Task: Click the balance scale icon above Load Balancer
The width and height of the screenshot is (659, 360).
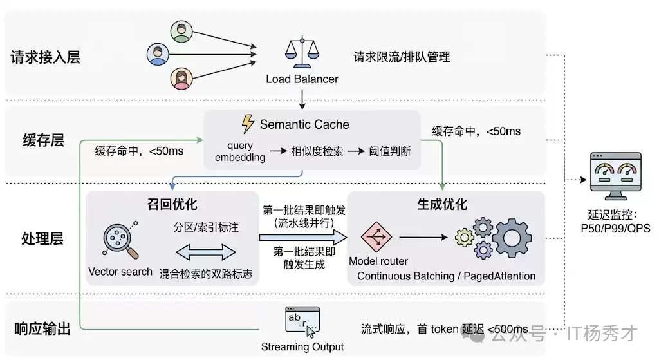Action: [302, 53]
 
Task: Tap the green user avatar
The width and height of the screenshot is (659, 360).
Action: [181, 32]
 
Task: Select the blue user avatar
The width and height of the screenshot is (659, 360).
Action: [158, 54]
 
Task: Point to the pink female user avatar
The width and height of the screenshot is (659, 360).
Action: [181, 78]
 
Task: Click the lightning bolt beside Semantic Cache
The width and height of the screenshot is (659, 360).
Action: [248, 124]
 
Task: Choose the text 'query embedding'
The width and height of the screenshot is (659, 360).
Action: [240, 151]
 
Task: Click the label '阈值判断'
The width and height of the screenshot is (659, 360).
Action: [389, 151]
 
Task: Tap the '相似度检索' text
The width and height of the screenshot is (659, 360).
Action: [317, 151]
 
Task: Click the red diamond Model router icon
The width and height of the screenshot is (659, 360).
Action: [376, 237]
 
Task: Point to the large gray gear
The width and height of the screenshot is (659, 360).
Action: [512, 238]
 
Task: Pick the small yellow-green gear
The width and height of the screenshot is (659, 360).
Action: [465, 238]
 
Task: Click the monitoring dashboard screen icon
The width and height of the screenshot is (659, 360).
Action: [616, 176]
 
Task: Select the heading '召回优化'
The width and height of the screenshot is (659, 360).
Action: [172, 204]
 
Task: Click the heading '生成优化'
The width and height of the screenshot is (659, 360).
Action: [441, 204]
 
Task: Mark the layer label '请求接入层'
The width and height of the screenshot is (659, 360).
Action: [46, 57]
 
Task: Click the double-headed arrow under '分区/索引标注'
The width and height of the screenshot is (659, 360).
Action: [205, 252]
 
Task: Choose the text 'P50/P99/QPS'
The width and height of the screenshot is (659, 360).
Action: [615, 229]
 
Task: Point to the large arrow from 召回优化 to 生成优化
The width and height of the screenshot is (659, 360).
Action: [303, 238]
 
